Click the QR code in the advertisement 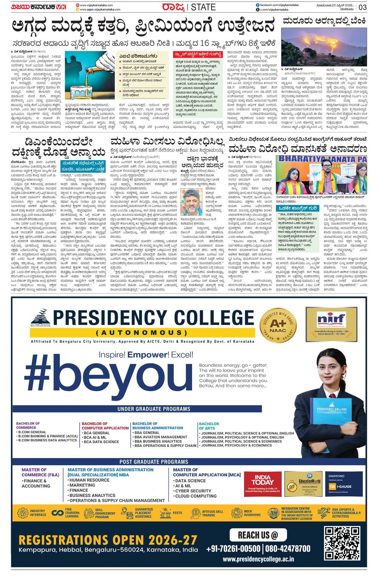[342, 544]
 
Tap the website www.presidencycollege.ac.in [258, 559]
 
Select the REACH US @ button [258, 535]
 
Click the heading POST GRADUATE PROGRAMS [154, 461]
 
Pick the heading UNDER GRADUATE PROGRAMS [149, 409]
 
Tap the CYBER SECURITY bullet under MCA [193, 491]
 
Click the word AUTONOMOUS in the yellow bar [142, 332]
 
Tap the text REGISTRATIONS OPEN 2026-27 [108, 540]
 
